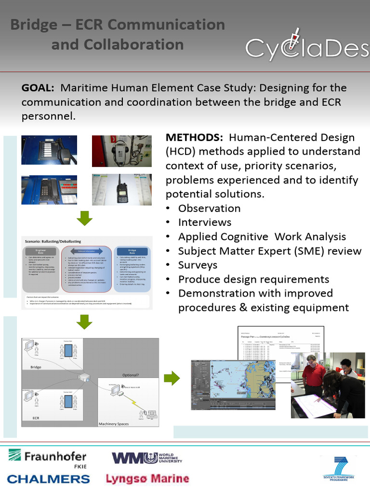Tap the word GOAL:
pos(38,89)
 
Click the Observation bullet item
pos(209,208)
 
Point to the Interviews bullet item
pos(204,222)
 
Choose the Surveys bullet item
pos(198,265)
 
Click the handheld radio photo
pos(122,189)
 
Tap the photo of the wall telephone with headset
pos(121,151)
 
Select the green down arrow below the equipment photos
pos(85,219)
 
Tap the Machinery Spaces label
pos(115,424)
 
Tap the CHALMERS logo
pos(48,479)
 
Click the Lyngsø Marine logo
pos(147,479)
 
